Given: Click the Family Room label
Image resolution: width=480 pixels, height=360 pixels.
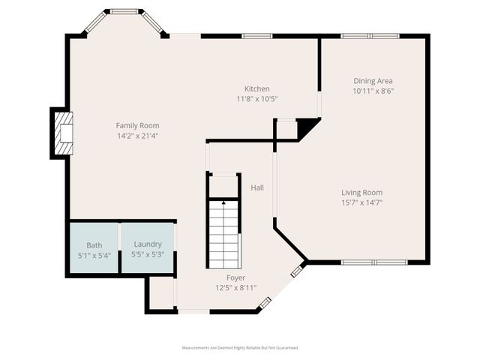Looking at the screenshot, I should click(x=137, y=125).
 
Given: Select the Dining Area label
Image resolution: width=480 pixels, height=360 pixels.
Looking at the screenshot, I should click(x=373, y=81).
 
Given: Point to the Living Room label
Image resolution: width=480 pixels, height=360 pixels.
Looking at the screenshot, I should click(x=361, y=192).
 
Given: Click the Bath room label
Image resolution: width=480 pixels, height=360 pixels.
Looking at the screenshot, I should click(x=94, y=245).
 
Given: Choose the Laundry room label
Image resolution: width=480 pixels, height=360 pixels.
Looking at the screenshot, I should click(x=148, y=244).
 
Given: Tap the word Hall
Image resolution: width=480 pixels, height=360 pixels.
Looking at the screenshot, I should click(x=256, y=187).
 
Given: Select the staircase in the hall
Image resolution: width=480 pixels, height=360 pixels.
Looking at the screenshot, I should click(x=223, y=235).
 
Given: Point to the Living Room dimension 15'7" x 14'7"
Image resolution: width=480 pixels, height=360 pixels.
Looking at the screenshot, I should click(x=361, y=202).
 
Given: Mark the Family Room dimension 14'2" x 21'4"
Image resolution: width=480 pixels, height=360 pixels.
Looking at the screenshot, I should click(x=137, y=136).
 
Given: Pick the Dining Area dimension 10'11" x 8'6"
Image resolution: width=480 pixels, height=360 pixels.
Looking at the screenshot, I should click(x=373, y=91).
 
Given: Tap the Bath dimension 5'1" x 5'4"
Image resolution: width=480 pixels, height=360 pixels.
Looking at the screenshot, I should click(x=94, y=255).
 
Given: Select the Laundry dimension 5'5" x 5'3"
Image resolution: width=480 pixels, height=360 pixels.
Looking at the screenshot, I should click(x=148, y=254).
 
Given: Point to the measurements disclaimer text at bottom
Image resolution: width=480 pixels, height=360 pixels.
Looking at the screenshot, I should click(x=240, y=348).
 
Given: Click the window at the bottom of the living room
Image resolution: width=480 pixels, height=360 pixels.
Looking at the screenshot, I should click(x=373, y=262).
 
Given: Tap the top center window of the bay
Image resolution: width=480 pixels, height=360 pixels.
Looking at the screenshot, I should click(x=124, y=12).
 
